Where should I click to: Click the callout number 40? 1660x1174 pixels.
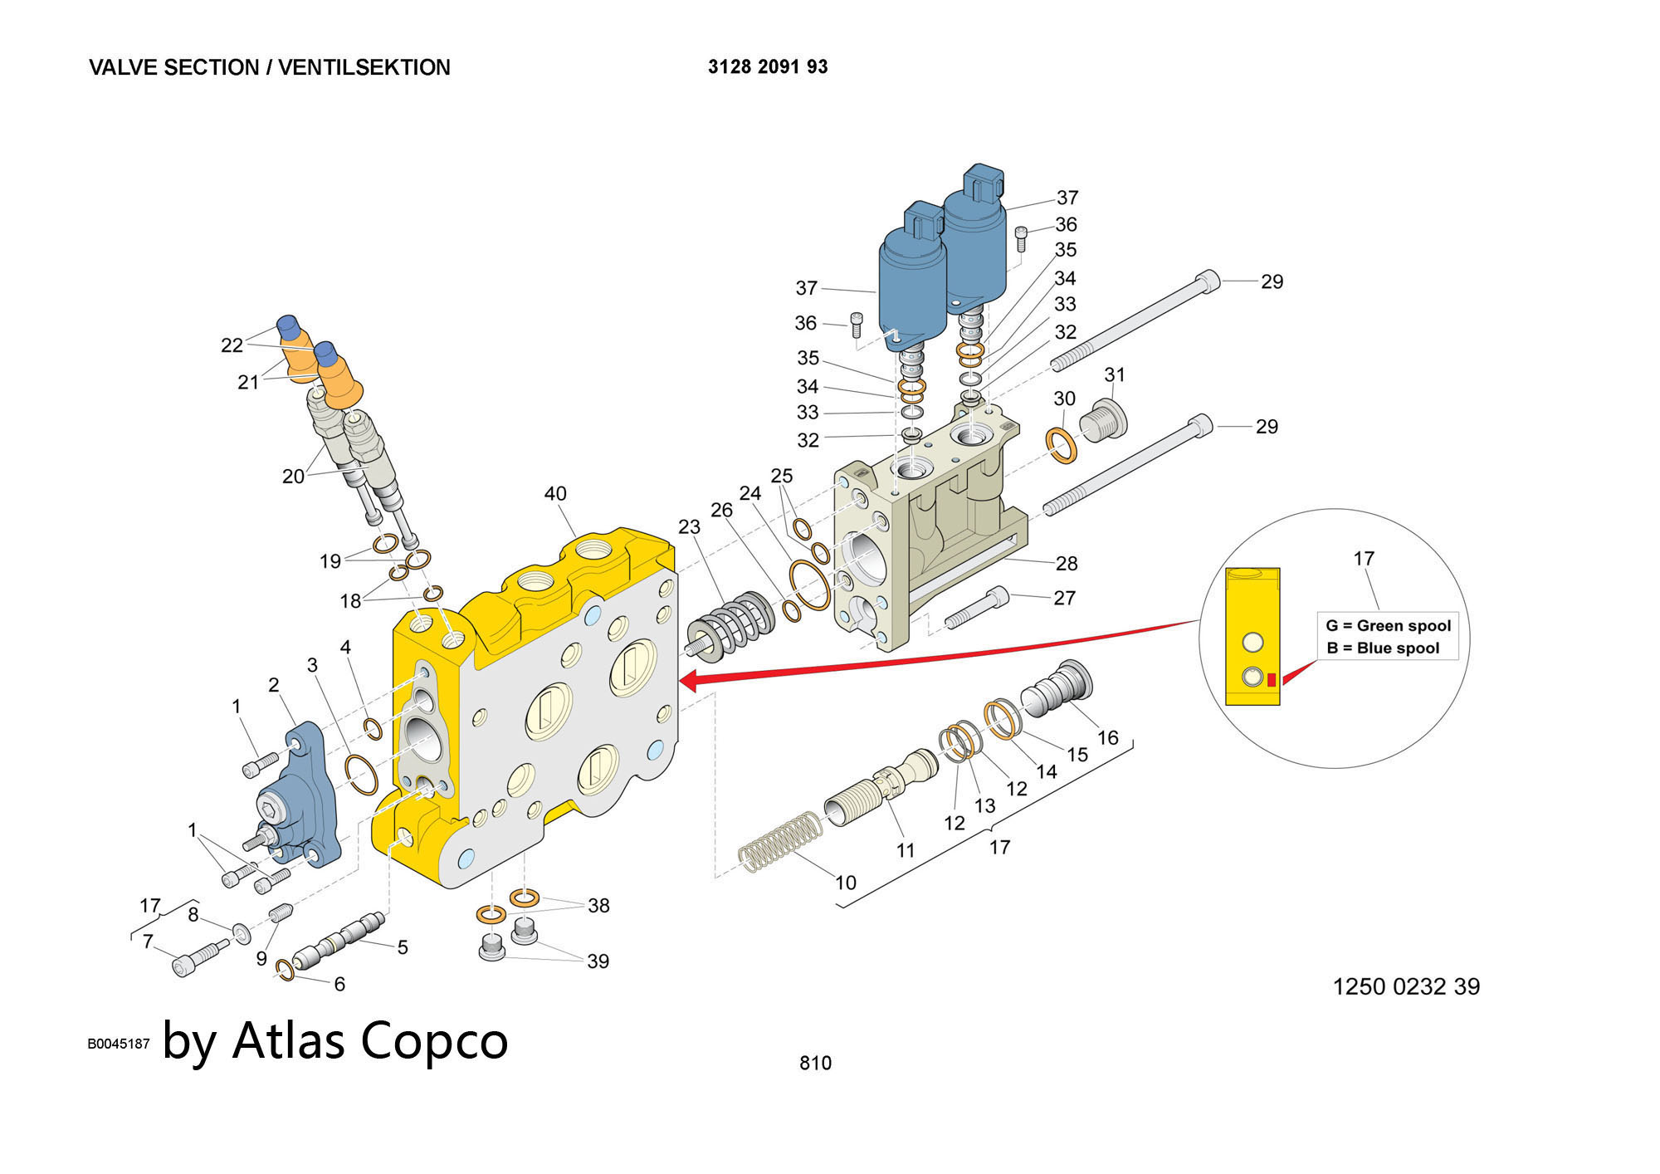coord(554,494)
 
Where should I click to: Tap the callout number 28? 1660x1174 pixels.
coord(1067,564)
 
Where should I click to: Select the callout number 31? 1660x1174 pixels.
coord(1115,375)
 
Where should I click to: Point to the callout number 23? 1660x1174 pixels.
coord(689,527)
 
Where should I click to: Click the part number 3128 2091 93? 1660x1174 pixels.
coord(768,67)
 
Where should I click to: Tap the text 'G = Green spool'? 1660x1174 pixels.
coord(1388,626)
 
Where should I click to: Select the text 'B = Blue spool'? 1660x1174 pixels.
coord(1383,648)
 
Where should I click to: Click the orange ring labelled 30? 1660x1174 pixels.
coord(1062,445)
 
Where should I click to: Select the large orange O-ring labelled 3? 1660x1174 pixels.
coord(361,774)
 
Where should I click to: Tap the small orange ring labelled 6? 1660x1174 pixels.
coord(284,968)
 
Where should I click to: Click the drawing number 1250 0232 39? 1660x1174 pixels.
coord(1406,986)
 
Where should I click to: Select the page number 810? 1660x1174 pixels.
coord(815,1063)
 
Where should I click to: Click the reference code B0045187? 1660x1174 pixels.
coord(119,1044)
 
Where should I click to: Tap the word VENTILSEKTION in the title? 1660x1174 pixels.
coord(364,68)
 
